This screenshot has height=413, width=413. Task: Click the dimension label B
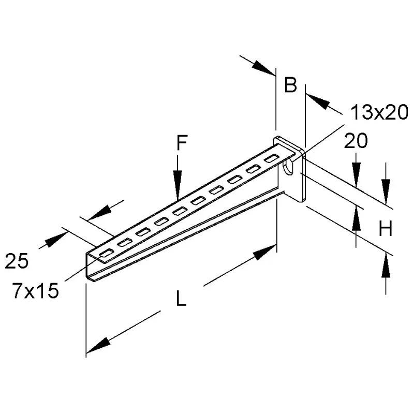[290, 85]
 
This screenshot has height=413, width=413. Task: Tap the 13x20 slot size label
[379, 112]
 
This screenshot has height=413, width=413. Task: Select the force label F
[182, 142]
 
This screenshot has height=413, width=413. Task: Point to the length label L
[181, 298]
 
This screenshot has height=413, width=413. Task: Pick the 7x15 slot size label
[36, 291]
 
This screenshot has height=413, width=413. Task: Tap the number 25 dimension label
[17, 261]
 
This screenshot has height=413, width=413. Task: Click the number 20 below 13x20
[356, 141]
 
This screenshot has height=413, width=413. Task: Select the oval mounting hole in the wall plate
[288, 167]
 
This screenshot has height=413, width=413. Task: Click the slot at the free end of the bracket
[107, 253]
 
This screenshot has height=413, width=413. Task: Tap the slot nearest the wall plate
[271, 158]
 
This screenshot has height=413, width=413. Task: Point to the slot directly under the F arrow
[180, 211]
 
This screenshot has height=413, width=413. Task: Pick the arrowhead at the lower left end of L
[98, 345]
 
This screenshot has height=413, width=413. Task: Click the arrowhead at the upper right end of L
[264, 252]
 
